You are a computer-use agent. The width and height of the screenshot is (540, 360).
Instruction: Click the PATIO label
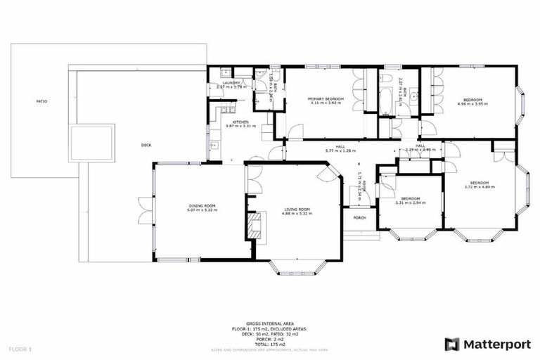42,101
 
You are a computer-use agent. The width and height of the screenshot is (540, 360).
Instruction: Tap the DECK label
146,145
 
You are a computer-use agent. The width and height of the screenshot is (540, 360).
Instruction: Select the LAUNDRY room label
232,83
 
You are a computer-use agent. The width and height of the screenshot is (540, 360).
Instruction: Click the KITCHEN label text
240,122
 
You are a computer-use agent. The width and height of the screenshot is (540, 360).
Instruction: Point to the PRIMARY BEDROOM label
325,99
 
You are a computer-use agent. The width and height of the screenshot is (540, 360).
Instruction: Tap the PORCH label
359,217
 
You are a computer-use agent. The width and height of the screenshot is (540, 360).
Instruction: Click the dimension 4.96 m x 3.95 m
472,103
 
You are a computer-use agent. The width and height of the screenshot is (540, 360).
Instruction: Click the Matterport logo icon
453,344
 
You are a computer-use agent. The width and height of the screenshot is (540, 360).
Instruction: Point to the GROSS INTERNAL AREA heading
270,323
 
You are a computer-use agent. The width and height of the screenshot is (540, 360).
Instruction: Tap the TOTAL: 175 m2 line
270,344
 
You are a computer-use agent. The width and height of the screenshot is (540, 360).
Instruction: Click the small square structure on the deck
91,143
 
